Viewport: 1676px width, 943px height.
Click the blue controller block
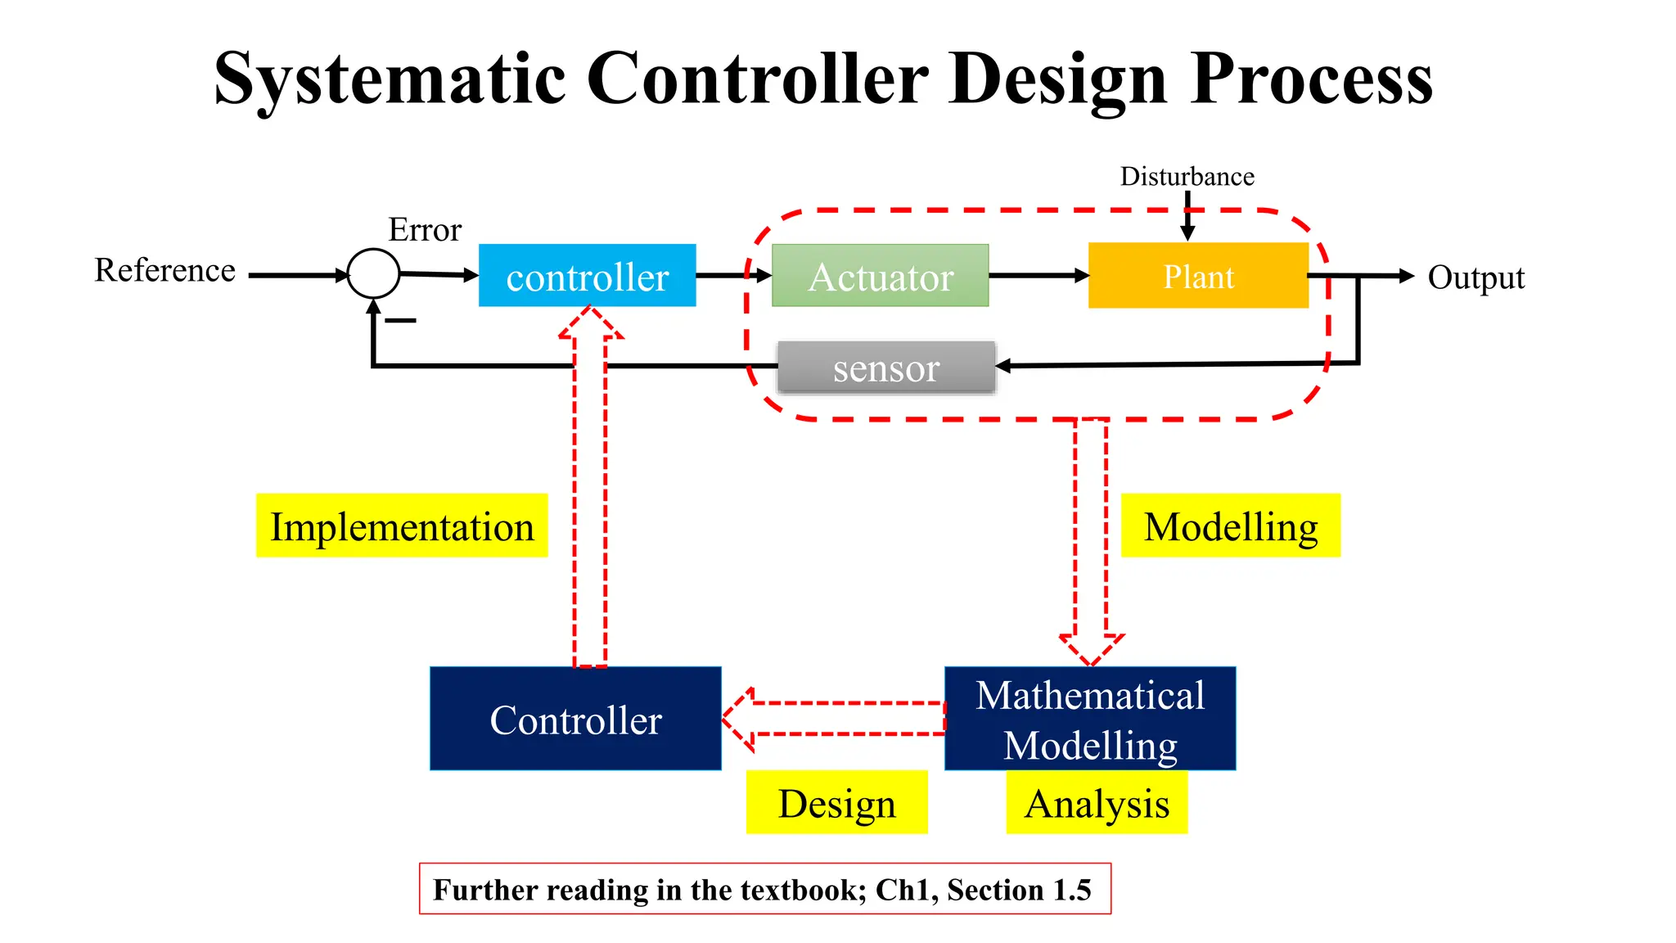(587, 276)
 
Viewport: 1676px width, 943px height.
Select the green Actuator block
(880, 276)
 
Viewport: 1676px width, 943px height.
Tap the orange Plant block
(1198, 276)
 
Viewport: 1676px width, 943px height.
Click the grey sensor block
(886, 368)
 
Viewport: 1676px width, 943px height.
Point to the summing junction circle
(373, 273)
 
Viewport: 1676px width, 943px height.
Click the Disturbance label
(1187, 176)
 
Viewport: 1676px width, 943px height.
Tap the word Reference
(164, 270)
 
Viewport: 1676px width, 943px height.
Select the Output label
(1476, 277)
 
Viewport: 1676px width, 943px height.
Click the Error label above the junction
(425, 229)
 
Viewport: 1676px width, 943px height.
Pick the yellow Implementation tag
(401, 526)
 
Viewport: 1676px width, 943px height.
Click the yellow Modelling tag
(1230, 526)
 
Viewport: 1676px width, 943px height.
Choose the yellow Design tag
(836, 802)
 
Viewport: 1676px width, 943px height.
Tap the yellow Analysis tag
(1097, 802)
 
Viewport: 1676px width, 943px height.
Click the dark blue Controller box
(575, 719)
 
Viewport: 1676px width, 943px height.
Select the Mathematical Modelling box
(1090, 719)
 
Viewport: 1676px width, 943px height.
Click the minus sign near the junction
(400, 320)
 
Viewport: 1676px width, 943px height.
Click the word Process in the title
(1311, 79)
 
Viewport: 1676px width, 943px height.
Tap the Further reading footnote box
(764, 888)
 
